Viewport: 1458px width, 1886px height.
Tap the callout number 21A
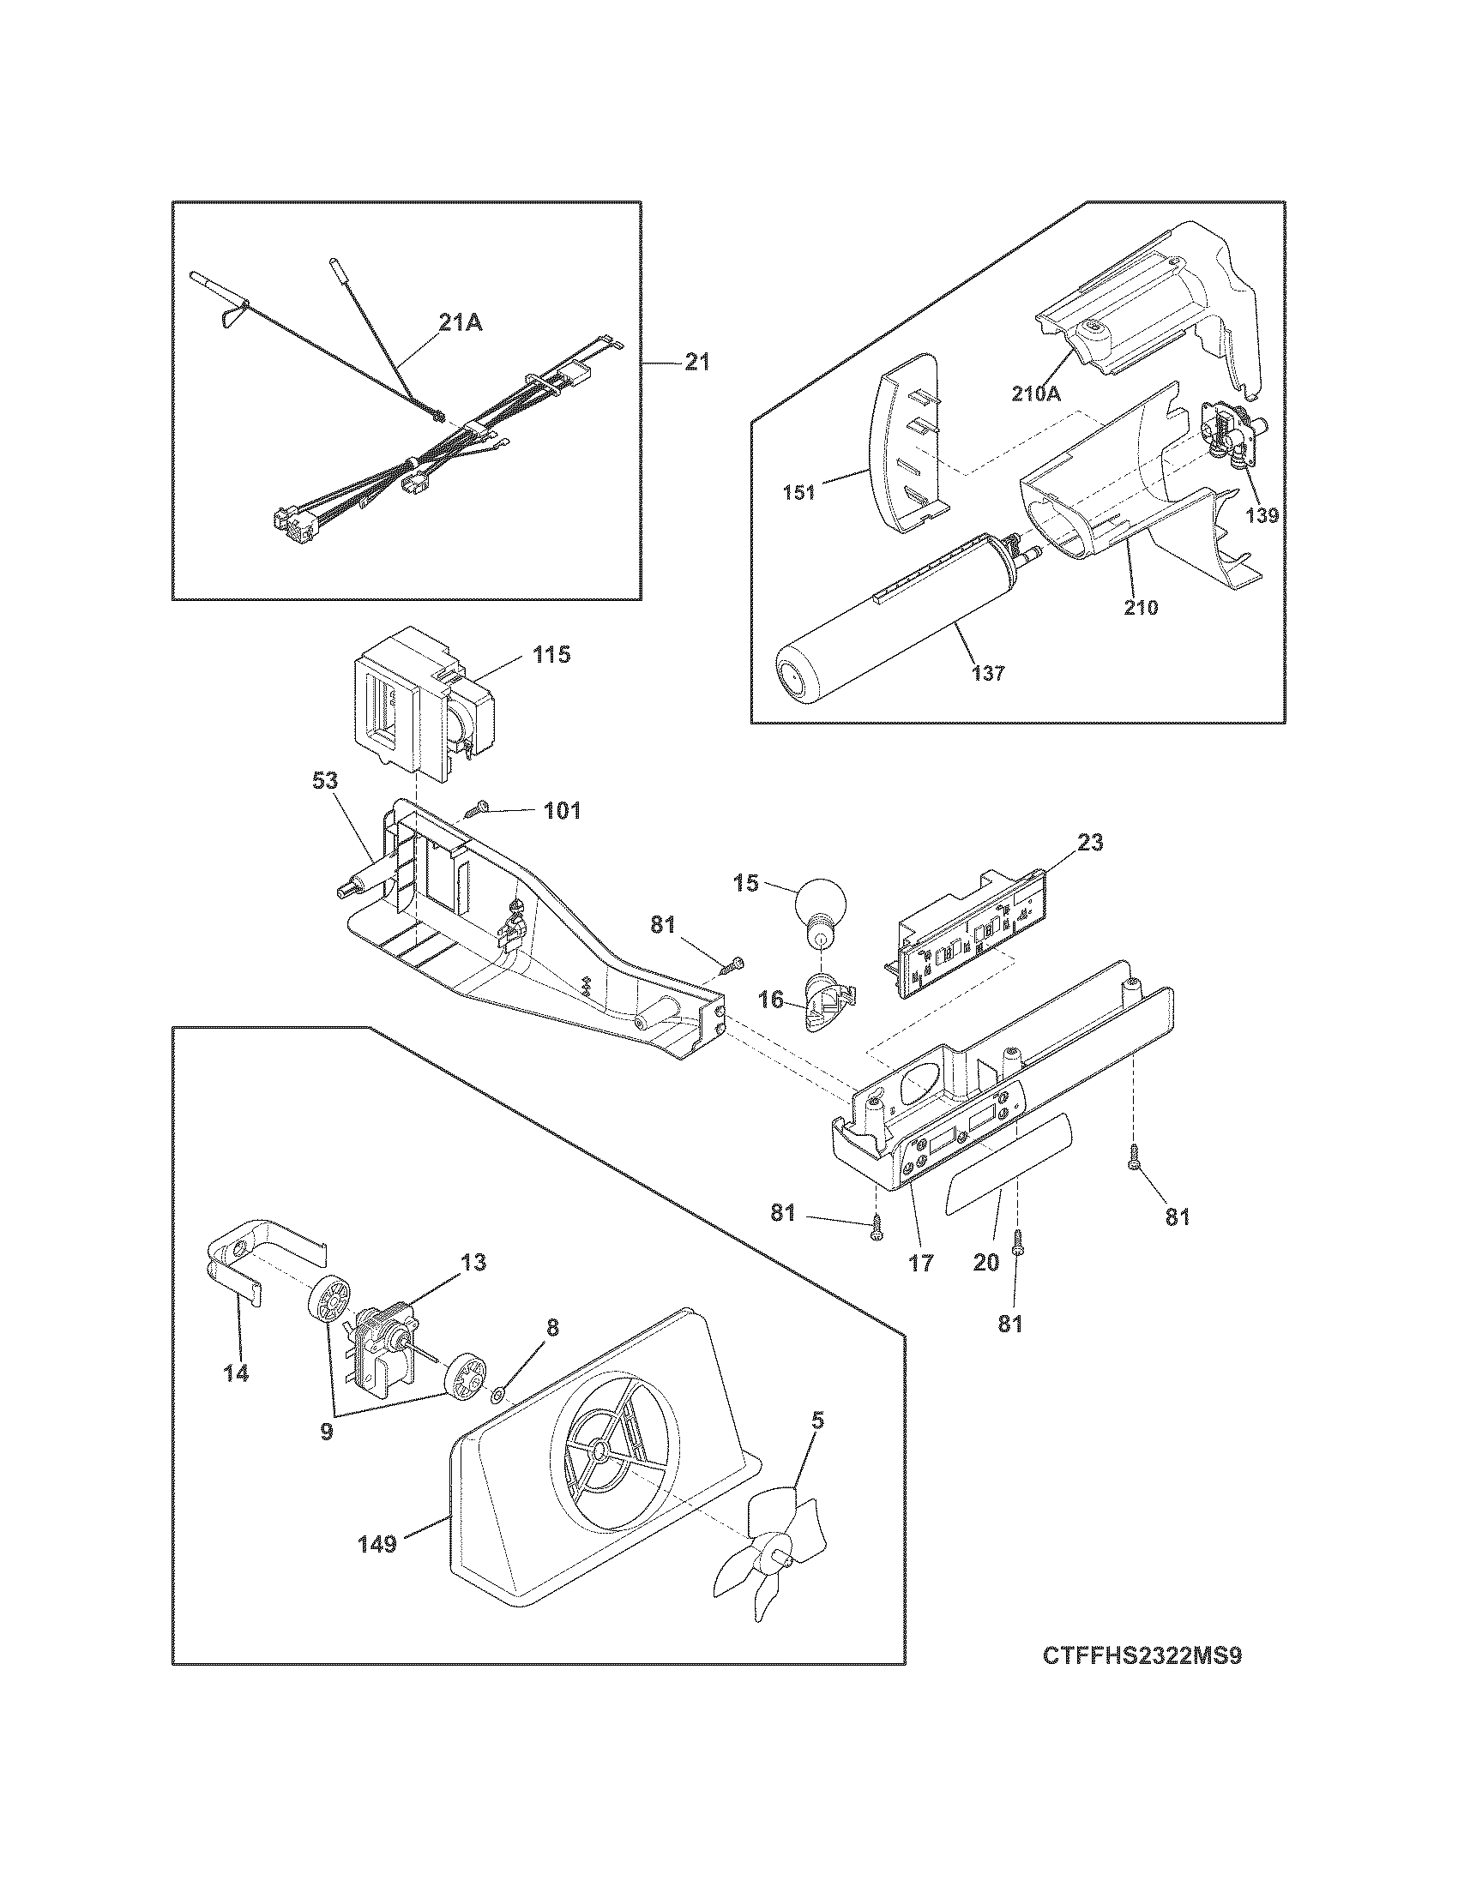pos(461,323)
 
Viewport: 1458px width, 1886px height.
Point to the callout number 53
pos(326,780)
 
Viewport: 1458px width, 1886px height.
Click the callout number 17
pos(921,1263)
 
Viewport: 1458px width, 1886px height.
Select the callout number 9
pos(326,1431)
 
